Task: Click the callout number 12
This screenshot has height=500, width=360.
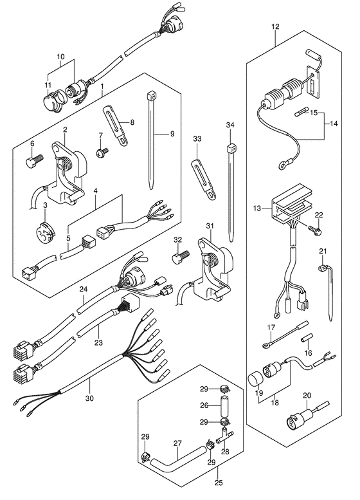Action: [276, 26]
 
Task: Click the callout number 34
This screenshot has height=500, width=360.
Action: [230, 125]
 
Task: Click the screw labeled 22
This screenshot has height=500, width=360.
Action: [315, 230]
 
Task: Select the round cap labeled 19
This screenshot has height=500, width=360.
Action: [255, 380]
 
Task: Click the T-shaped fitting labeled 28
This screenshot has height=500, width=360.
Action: [224, 436]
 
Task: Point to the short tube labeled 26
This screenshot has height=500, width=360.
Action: [224, 405]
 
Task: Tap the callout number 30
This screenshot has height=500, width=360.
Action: [90, 398]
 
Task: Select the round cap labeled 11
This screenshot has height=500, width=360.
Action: [51, 97]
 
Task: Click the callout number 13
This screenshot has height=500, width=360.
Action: [257, 208]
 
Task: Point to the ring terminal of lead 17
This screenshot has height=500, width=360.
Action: [265, 345]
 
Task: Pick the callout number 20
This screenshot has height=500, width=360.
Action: [307, 395]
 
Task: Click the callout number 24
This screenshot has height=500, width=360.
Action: [84, 290]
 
